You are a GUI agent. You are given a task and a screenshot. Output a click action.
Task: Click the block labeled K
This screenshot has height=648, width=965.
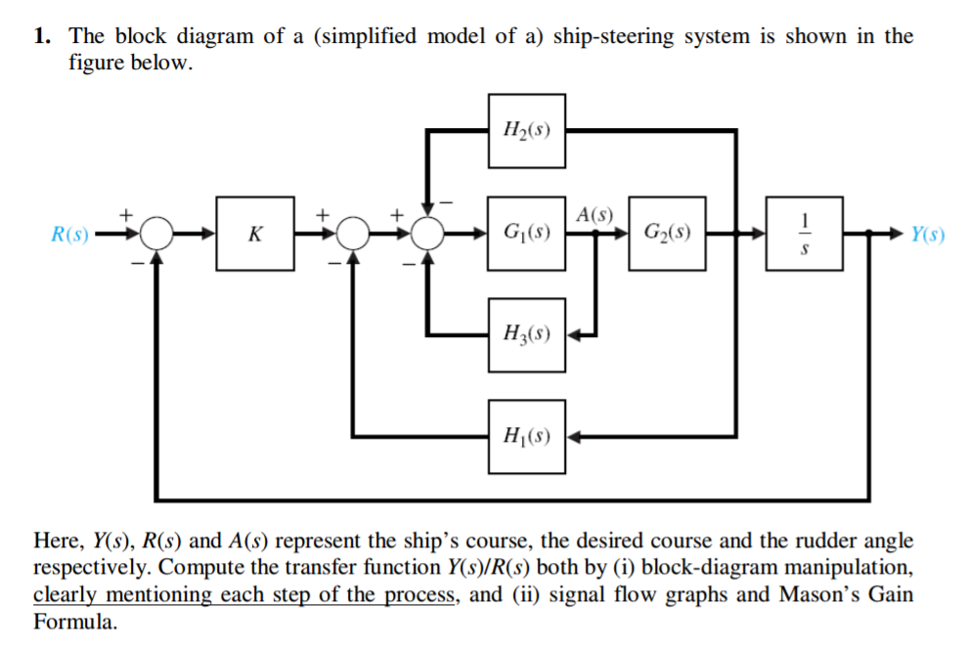(x=256, y=234)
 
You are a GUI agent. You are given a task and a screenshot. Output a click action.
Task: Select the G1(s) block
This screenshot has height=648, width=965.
(x=526, y=234)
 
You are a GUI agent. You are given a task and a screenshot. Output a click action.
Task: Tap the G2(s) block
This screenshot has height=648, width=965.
(x=668, y=234)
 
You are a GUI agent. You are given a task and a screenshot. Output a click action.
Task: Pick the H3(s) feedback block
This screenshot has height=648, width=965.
(x=526, y=334)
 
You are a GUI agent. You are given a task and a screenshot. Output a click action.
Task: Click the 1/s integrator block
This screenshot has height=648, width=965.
(x=805, y=234)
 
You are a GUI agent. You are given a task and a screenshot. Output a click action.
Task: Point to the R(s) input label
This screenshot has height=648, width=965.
(x=70, y=235)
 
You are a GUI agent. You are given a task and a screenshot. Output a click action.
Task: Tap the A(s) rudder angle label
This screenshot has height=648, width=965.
(x=594, y=214)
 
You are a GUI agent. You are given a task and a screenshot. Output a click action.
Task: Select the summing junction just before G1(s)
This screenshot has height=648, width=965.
(x=427, y=235)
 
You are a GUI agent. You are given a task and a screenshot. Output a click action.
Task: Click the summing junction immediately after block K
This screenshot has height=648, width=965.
(x=353, y=235)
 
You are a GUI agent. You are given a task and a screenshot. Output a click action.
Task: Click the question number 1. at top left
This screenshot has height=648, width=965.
(x=42, y=37)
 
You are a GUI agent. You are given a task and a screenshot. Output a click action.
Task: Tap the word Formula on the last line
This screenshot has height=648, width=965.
(x=74, y=622)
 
